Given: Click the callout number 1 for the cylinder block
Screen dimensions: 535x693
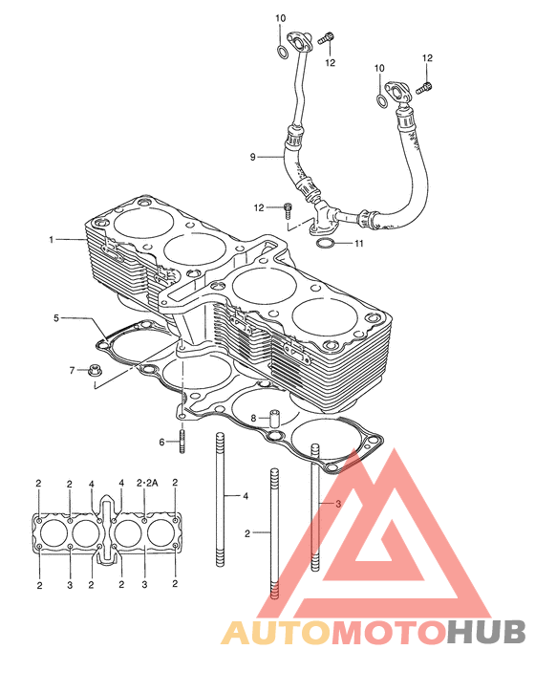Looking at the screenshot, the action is [52, 240].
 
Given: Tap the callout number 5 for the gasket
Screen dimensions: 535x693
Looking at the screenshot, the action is [56, 317].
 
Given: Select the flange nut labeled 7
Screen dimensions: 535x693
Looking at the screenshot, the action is [93, 370].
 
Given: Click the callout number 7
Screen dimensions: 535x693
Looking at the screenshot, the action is [72, 370].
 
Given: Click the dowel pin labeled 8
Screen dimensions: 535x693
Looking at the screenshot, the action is [275, 419].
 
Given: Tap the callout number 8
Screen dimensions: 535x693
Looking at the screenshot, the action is [253, 418].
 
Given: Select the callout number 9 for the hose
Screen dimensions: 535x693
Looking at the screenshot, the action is [253, 157].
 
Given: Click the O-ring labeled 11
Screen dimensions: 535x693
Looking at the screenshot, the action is [324, 243].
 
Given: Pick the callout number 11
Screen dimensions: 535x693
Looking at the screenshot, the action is [358, 244].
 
